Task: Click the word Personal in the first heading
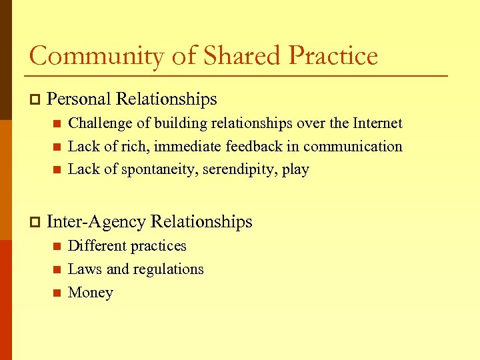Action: (x=79, y=99)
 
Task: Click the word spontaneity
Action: (x=162, y=169)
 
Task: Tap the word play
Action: (x=295, y=170)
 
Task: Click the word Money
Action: (x=91, y=293)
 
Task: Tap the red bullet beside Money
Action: (x=57, y=293)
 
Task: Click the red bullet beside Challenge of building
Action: (x=57, y=123)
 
